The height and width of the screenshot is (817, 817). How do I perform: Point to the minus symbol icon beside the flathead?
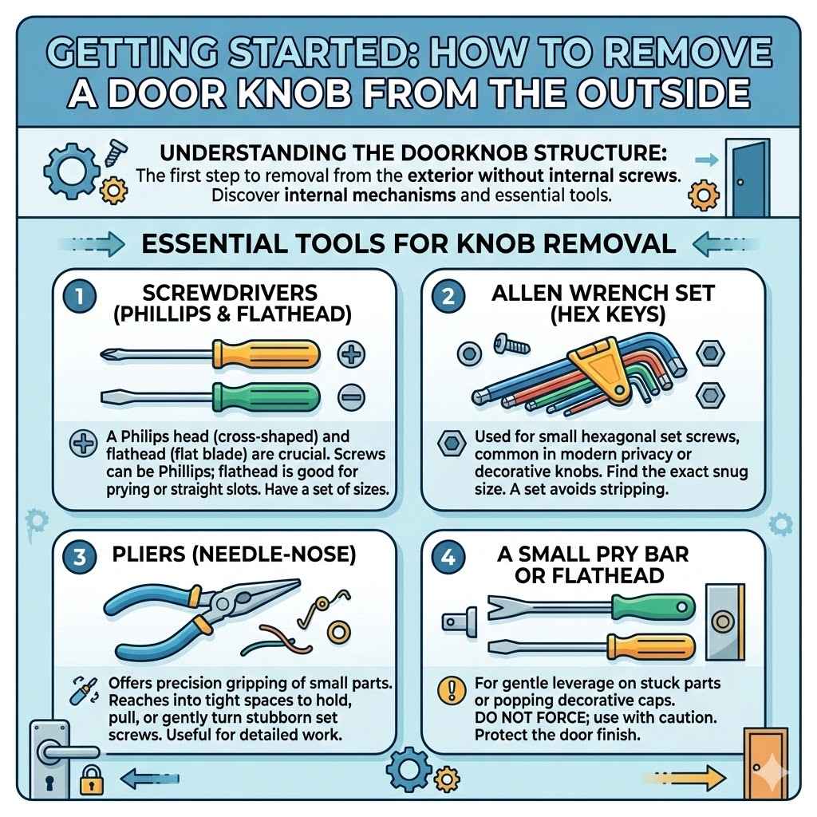coord(351,396)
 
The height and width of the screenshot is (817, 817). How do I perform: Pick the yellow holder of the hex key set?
coord(594,366)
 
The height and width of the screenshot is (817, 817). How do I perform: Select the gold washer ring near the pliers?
coord(338,633)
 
